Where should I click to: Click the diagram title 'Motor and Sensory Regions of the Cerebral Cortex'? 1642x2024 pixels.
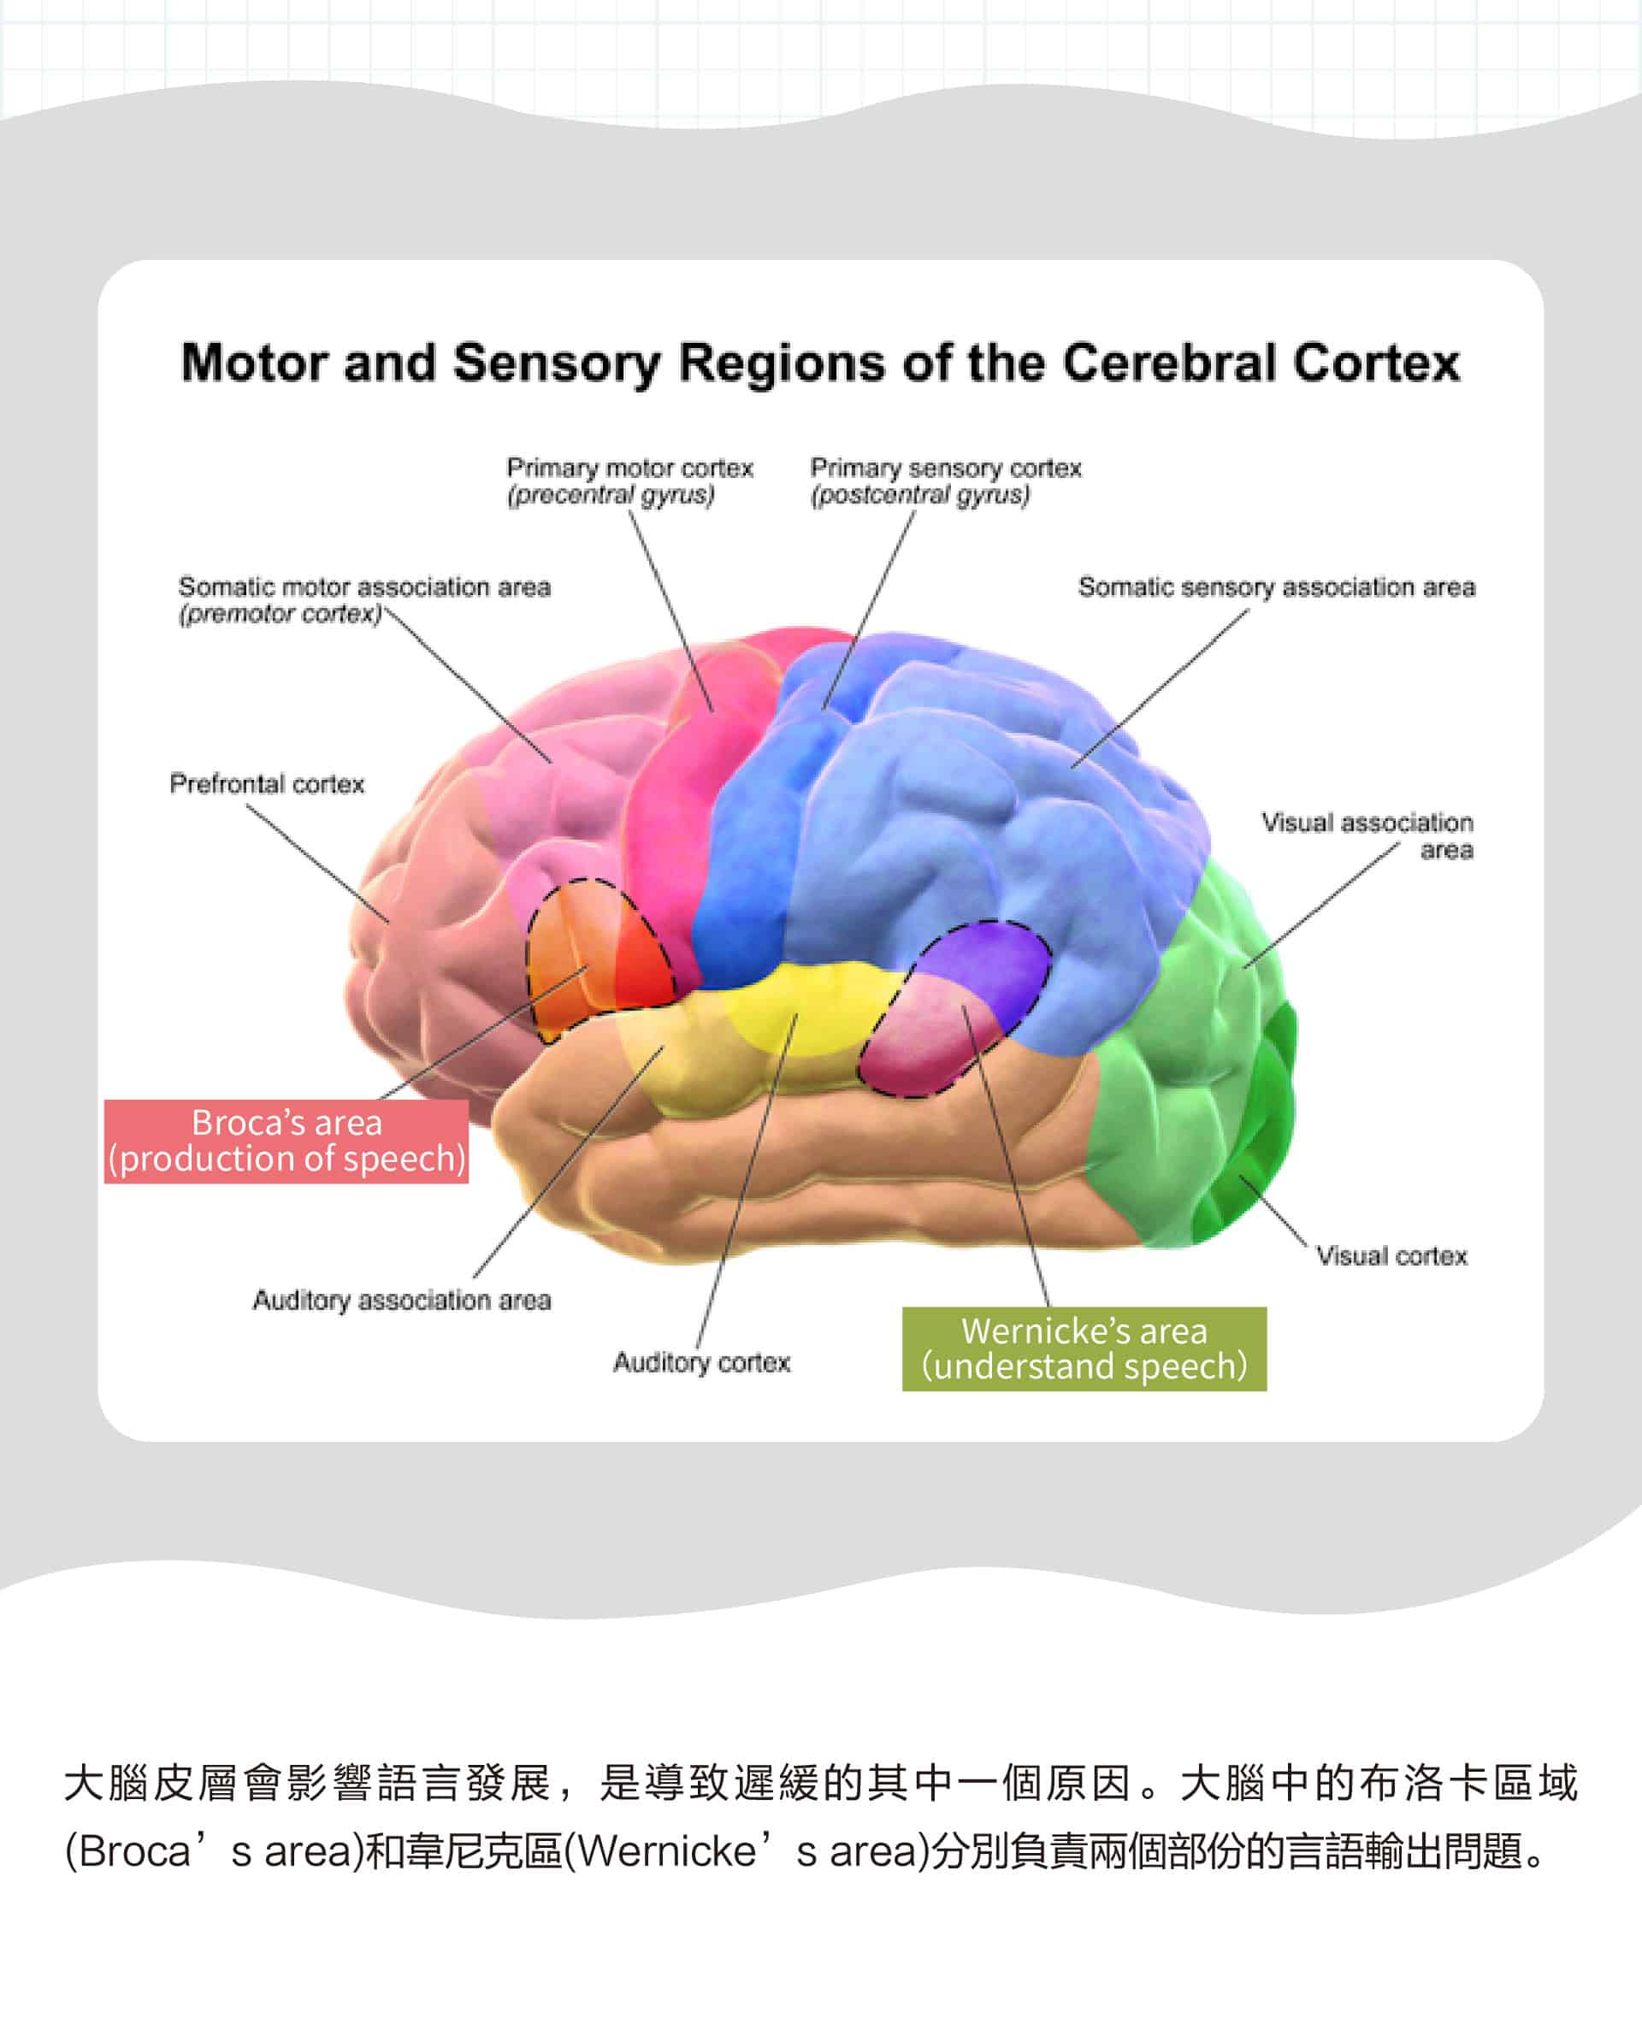(x=820, y=363)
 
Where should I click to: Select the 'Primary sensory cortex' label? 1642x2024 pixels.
(x=945, y=469)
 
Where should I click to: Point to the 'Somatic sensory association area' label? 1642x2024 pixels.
(x=1276, y=587)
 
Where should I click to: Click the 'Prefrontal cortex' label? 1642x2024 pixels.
(x=267, y=784)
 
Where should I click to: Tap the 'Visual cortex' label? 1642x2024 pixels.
(x=1391, y=1256)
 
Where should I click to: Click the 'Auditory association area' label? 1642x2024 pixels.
(x=401, y=1301)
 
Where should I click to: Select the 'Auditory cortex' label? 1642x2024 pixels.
(x=701, y=1363)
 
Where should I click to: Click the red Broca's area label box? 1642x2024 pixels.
(x=286, y=1141)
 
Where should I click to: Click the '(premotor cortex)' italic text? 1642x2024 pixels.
(x=280, y=615)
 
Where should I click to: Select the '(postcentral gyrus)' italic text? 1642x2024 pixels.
(x=919, y=494)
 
